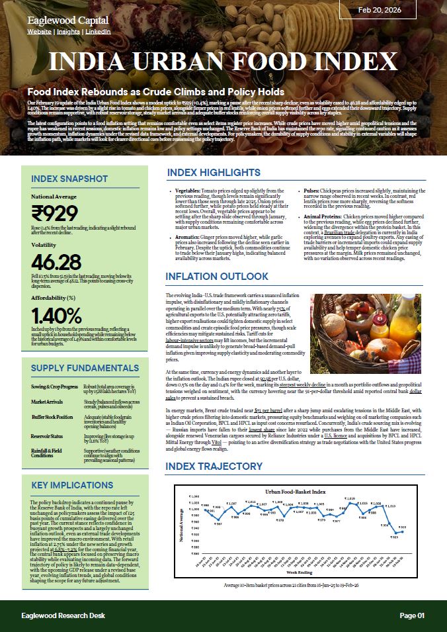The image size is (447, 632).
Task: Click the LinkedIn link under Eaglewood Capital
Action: tap(99, 31)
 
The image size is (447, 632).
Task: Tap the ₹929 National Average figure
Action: tap(54, 213)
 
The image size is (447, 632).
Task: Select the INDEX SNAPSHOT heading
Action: tap(69, 179)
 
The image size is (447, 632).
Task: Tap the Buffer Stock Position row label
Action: tap(52, 418)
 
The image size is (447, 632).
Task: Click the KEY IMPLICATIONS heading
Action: tap(72, 485)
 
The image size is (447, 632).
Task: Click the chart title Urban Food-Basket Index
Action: tap(296, 492)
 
